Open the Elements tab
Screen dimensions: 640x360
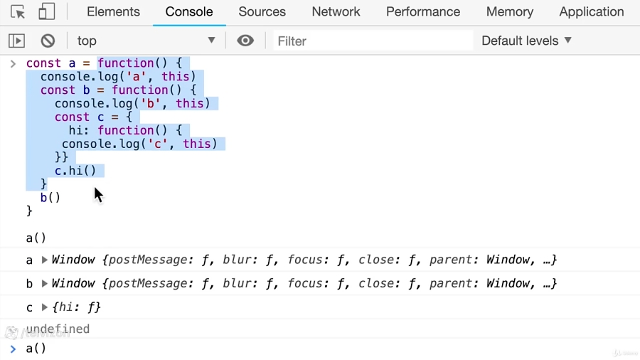(x=113, y=12)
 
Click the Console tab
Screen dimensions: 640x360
(x=189, y=12)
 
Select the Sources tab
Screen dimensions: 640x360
(x=262, y=12)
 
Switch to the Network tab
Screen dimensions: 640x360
(x=336, y=12)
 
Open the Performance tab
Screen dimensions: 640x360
(x=423, y=12)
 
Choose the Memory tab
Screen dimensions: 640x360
(x=509, y=12)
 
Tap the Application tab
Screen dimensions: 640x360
(x=592, y=12)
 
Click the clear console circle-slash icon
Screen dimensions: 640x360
(x=48, y=41)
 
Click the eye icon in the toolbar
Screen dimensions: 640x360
(x=245, y=41)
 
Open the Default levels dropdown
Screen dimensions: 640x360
(x=526, y=41)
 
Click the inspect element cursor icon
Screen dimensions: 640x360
(x=18, y=12)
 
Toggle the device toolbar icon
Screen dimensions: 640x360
(x=46, y=12)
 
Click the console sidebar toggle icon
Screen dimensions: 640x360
(x=17, y=41)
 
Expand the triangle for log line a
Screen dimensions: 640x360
(x=45, y=260)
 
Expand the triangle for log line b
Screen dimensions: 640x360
(x=45, y=283)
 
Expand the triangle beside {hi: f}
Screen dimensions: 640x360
(x=45, y=307)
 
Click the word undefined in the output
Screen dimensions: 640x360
(x=58, y=329)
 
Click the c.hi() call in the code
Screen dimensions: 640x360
(x=75, y=171)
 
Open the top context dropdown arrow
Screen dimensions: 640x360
(x=211, y=41)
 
